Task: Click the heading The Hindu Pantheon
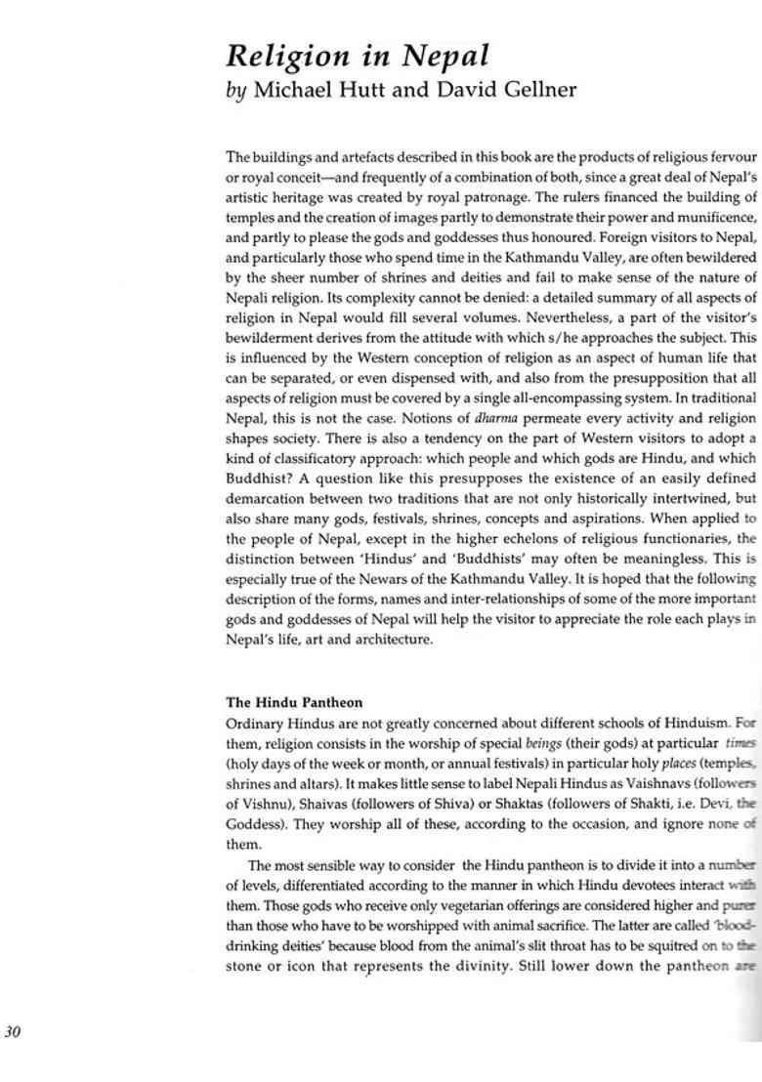coord(294,702)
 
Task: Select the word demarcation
coord(261,498)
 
